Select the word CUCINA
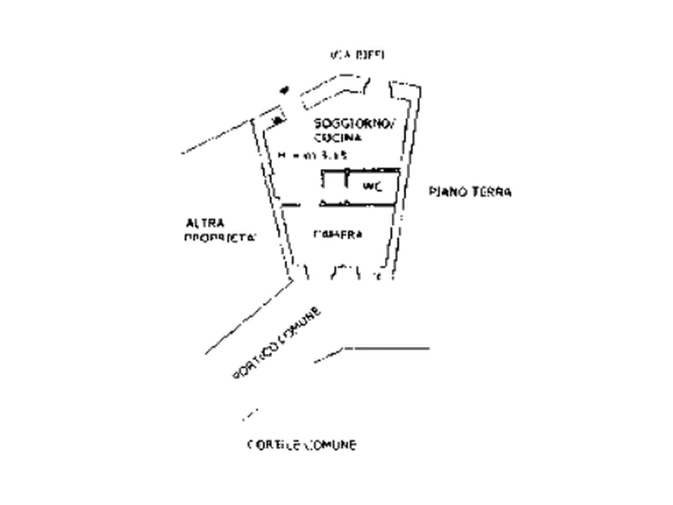pyautogui.click(x=336, y=138)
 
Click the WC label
pyautogui.click(x=370, y=185)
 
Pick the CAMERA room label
pyautogui.click(x=336, y=234)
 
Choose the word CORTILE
pyautogui.click(x=272, y=445)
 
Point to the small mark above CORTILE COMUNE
pyautogui.click(x=249, y=413)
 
